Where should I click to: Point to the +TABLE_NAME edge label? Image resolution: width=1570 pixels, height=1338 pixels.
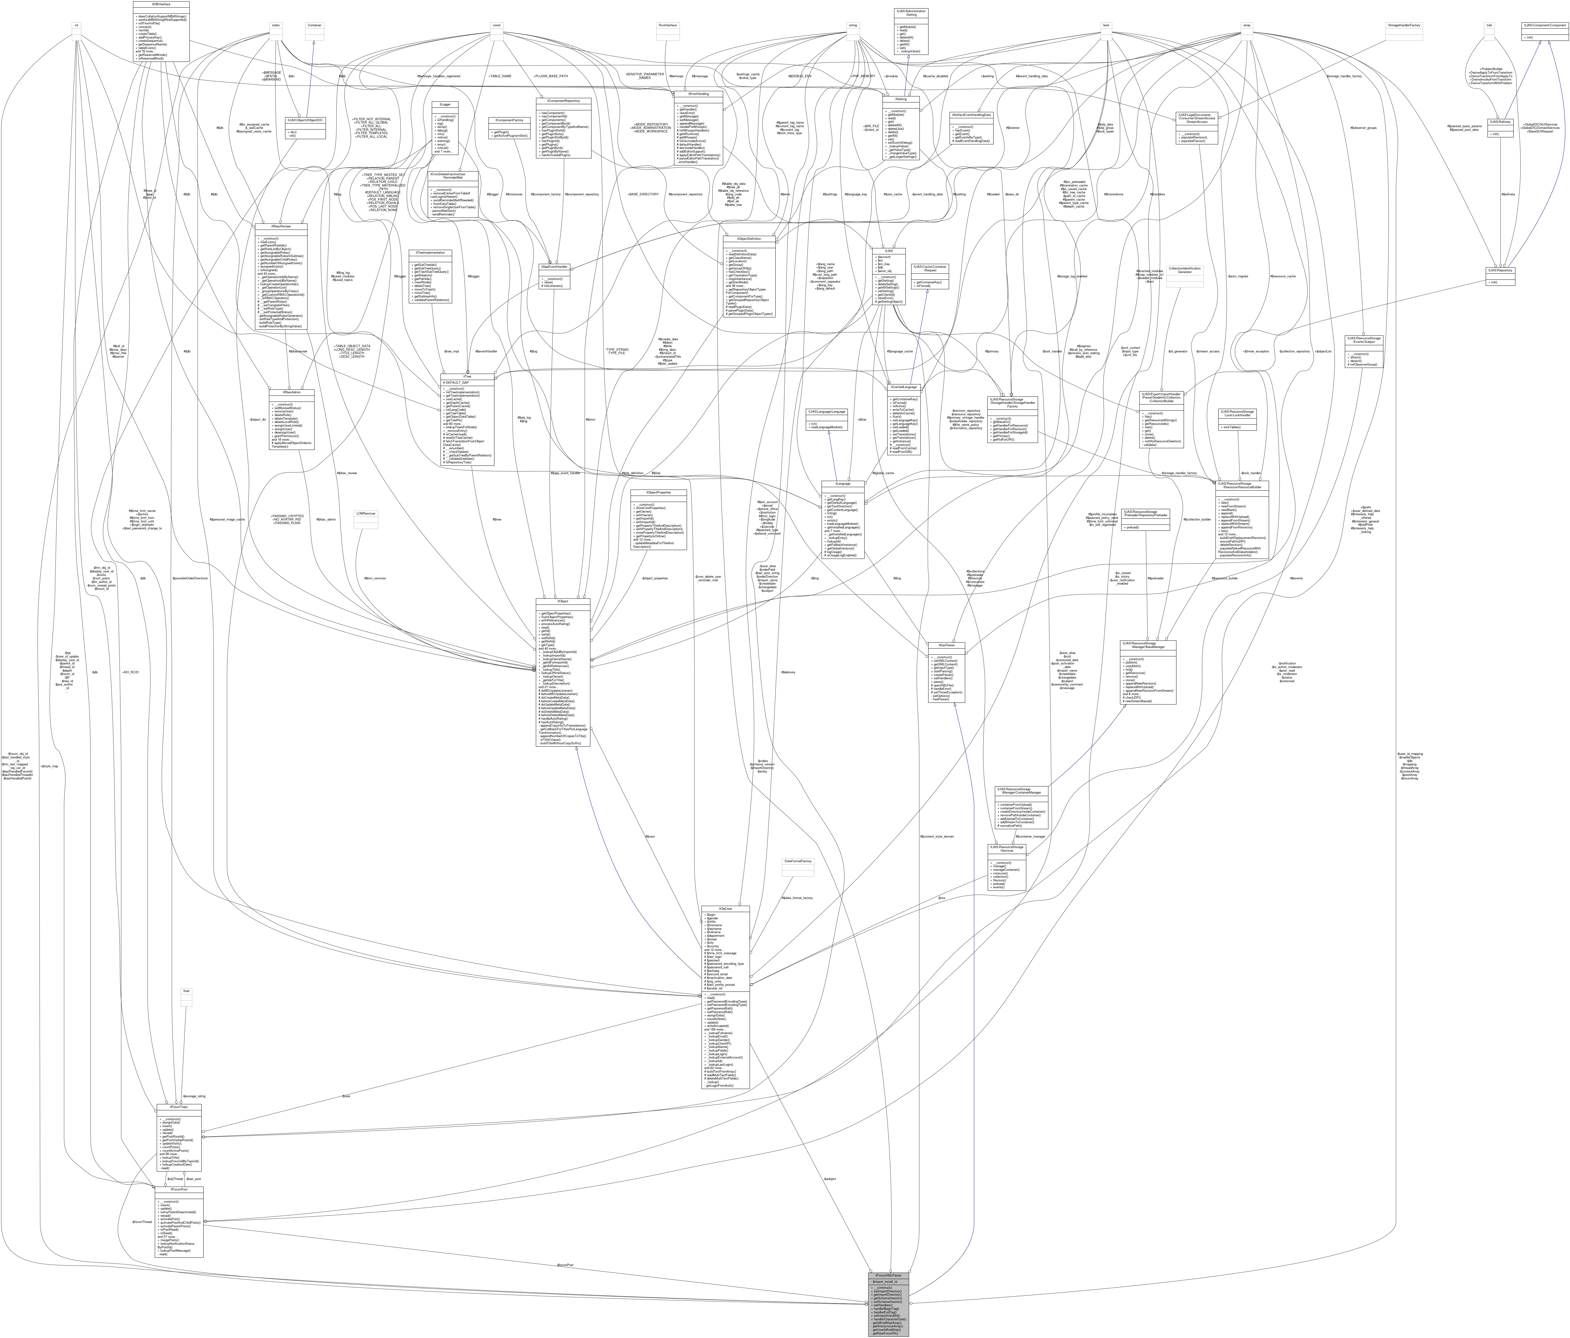click(500, 76)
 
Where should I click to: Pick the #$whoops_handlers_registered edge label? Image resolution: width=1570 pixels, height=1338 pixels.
click(438, 76)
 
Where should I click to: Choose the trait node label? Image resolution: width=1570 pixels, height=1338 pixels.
click(1489, 25)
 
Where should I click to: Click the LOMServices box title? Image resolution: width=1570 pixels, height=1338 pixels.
click(366, 513)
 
